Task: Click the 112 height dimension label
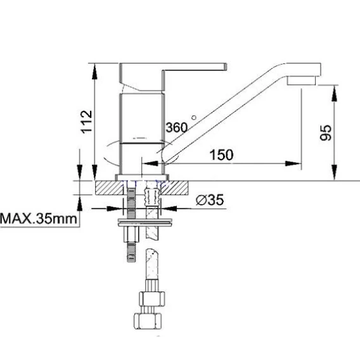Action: [87, 122]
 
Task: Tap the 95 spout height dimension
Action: [326, 132]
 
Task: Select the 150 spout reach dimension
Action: [222, 155]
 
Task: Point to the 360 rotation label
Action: [177, 127]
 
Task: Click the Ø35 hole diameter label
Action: [210, 200]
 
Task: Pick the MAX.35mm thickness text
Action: [39, 219]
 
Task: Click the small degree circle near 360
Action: [194, 117]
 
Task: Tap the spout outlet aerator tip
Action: [302, 81]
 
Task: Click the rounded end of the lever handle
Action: [226, 67]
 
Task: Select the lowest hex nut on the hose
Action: [148, 321]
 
